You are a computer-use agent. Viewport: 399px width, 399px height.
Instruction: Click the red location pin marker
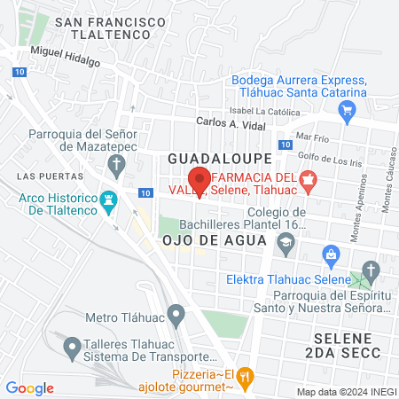200,181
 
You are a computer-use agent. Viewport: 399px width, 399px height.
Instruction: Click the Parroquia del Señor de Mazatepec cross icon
115,163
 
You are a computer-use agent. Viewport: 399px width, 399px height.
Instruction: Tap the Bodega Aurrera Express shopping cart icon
347,110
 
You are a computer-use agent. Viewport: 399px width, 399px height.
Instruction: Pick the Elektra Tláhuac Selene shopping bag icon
332,255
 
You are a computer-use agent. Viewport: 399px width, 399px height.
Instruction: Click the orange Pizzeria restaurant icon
246,377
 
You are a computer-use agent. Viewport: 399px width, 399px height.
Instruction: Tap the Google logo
30,388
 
